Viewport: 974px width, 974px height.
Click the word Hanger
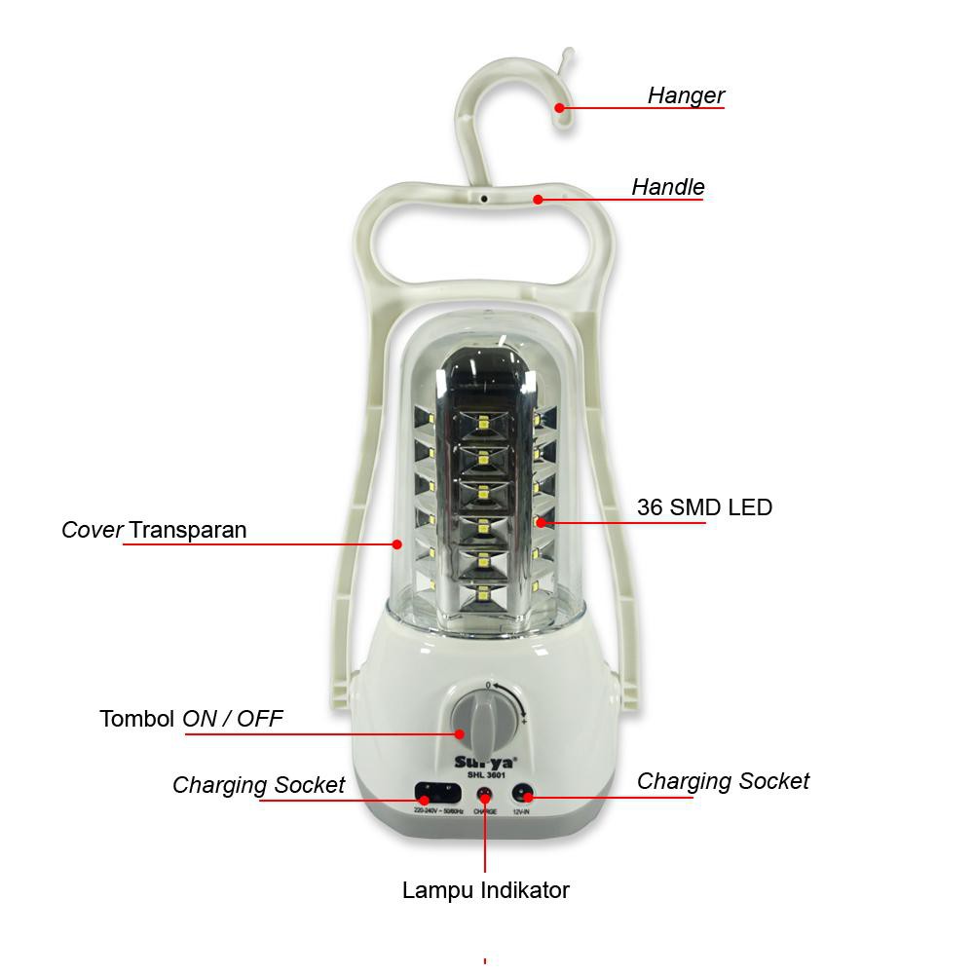pyautogui.click(x=686, y=95)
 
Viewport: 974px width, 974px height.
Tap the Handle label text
pyautogui.click(x=667, y=187)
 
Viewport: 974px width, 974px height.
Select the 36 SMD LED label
pyautogui.click(x=704, y=507)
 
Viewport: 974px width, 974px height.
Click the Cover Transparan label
pyautogui.click(x=154, y=530)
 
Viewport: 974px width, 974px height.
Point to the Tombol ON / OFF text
pyautogui.click(x=191, y=719)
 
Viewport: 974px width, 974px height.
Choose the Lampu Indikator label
pyautogui.click(x=485, y=889)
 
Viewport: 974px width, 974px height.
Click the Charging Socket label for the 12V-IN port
pyautogui.click(x=723, y=781)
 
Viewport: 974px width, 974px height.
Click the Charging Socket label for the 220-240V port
pyautogui.click(x=258, y=785)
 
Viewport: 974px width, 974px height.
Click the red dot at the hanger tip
pyautogui.click(x=560, y=107)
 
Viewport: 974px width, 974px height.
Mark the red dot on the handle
pyautogui.click(x=538, y=199)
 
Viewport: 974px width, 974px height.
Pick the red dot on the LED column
pyautogui.click(x=540, y=523)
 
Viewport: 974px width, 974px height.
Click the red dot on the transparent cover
pyautogui.click(x=397, y=543)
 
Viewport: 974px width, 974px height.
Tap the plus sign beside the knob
pyautogui.click(x=524, y=722)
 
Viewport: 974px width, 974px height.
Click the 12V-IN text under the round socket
pyautogui.click(x=521, y=810)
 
